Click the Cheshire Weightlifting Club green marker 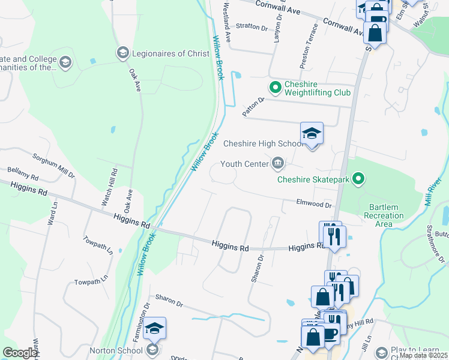point(276,88)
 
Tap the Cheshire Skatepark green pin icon point(358,178)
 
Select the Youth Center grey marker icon point(278,163)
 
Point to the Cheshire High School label point(262,144)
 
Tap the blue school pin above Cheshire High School point(312,133)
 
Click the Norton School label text point(115,350)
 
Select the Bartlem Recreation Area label point(384,215)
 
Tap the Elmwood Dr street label point(314,204)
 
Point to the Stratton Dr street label point(252,26)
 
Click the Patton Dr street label point(253,107)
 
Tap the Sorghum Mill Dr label point(53,166)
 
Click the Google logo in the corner point(20,353)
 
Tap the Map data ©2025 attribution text point(423,355)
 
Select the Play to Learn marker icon point(381,352)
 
